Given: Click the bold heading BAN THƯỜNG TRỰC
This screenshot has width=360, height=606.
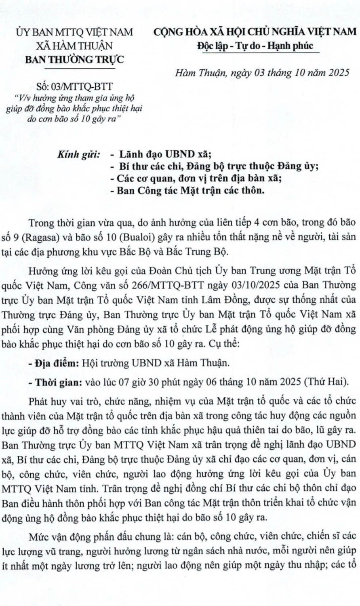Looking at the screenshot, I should pyautogui.click(x=74, y=59).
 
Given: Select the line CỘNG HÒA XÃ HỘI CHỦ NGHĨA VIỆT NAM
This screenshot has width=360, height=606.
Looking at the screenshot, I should pyautogui.click(x=255, y=32).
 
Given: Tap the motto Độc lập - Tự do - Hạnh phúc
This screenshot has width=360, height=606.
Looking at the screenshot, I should pyautogui.click(x=255, y=45).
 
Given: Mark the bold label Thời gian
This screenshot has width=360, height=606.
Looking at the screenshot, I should pyautogui.click(x=58, y=381).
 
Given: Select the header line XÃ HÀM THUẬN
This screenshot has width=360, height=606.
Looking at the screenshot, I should pyautogui.click(x=74, y=46).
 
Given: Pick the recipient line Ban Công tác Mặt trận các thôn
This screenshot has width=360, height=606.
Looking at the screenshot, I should pyautogui.click(x=190, y=190).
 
